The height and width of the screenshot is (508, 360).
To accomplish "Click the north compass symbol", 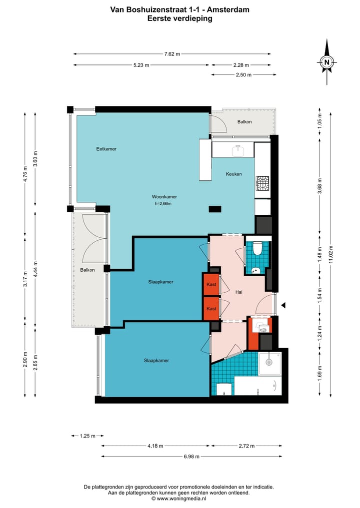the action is coord(326,62).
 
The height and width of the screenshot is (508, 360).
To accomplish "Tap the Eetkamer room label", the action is coord(106,149).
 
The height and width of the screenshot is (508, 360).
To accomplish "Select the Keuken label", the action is coord(234,174).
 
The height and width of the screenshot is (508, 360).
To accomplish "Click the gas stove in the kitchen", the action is coord(262,183).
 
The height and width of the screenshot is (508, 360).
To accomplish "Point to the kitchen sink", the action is coord(238,150).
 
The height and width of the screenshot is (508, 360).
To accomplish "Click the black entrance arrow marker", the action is coord(283,305).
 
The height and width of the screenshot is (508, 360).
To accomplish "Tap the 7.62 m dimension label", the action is coord(172,54).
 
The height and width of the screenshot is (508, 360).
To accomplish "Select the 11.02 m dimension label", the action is coord(331,254).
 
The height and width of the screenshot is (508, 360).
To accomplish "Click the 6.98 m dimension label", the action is coord(191,457).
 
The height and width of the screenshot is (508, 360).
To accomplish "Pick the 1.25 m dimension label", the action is coord(87,436).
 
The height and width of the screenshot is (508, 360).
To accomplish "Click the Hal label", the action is coord(239,292).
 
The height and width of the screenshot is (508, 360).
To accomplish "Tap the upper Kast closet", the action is coord(211,284).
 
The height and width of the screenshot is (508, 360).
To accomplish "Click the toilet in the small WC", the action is coord(258,249).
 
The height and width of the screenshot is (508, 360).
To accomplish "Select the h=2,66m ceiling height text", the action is coord(163,204).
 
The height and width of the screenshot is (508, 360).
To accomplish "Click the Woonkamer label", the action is coord(164,197).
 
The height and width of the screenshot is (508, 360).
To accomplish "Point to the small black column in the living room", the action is coord(215,209).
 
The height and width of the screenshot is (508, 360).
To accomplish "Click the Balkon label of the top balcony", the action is coord(244,122).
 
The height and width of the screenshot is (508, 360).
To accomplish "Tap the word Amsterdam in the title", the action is coord(228,9).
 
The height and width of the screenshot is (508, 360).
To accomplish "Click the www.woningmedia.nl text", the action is coord(181,499).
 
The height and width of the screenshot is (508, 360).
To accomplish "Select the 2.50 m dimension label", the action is coord(244,75).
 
